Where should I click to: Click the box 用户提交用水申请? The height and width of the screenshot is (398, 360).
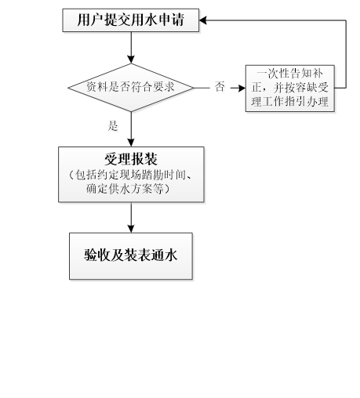coord(131,20)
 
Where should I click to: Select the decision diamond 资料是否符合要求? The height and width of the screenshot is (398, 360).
coord(131,88)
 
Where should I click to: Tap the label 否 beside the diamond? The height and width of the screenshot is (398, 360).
coord(220,87)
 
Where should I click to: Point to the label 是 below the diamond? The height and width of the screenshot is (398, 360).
coord(113,126)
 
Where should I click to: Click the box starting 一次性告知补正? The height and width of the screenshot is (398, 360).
coord(290,89)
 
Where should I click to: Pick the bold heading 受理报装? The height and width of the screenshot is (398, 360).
coord(131,159)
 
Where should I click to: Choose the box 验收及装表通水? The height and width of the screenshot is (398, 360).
coord(131,256)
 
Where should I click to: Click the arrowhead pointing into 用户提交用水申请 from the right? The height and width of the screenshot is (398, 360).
coord(203,20)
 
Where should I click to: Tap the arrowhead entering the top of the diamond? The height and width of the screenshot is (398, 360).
coord(131,60)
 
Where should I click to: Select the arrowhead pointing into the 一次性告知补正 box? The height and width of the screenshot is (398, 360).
coord(242,88)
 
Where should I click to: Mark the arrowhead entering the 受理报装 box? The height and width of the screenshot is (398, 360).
coord(131,143)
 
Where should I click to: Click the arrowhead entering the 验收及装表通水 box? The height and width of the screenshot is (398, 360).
coord(131,229)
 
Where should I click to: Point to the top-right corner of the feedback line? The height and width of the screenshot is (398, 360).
coord(346,20)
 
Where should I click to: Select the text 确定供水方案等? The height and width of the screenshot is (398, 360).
coord(125,189)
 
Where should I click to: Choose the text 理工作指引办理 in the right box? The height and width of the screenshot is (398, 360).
coord(290,101)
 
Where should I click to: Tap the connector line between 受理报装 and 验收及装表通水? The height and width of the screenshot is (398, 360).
coord(131,218)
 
